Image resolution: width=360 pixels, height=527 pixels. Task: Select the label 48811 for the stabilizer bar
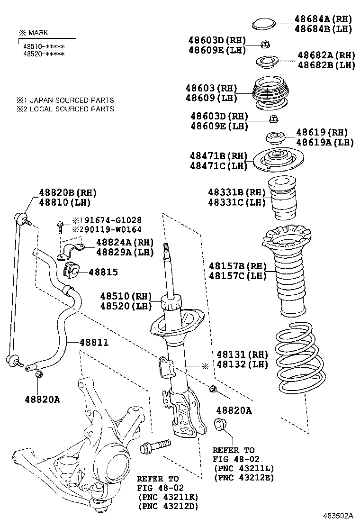click(x=93, y=342)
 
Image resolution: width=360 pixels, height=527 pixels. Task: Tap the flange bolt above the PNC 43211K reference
click(x=155, y=446)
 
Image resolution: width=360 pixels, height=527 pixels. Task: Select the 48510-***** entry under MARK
click(x=44, y=46)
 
